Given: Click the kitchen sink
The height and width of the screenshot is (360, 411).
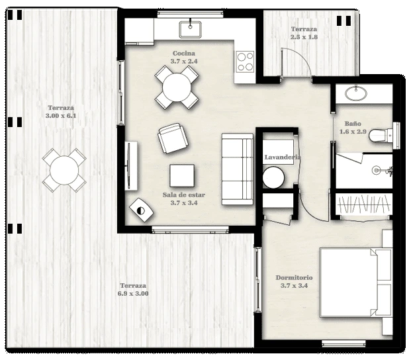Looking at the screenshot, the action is click(190, 29).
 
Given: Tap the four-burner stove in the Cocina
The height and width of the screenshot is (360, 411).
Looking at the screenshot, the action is click(245, 62).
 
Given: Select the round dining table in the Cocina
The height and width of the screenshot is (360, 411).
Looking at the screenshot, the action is click(177, 87).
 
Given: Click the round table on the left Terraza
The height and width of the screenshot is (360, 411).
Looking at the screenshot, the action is click(64, 170).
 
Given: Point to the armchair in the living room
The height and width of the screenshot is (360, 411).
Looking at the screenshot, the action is click(173, 138).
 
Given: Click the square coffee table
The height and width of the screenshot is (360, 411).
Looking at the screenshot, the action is click(182, 175).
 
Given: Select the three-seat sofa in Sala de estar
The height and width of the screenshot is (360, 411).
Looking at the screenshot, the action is click(237, 169).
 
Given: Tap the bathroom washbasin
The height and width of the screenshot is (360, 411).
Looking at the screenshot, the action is click(355, 93).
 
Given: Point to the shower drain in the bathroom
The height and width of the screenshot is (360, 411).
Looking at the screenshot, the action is click(376, 170).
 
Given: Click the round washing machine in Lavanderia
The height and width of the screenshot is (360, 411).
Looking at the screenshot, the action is click(273, 177).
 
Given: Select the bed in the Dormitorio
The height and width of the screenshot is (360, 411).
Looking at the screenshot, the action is click(355, 283).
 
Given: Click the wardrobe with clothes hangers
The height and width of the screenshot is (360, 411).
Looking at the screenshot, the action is click(364, 204).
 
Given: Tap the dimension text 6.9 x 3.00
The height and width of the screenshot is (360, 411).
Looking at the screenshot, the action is click(133, 293).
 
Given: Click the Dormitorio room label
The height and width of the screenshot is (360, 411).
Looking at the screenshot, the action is click(294, 277).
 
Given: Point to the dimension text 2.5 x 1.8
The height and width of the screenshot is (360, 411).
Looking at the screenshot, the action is click(304, 37).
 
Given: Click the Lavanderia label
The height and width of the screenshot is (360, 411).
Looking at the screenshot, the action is click(283, 157).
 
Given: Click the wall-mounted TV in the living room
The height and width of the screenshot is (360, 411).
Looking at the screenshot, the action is click(128, 165).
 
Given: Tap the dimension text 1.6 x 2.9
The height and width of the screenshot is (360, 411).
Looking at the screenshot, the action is click(353, 132).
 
